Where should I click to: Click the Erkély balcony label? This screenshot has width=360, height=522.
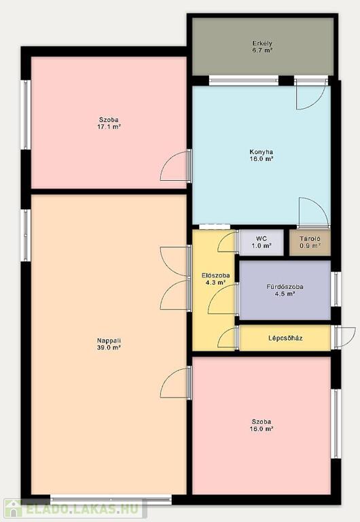pos(262,43)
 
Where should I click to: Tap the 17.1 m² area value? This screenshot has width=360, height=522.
pos(109,127)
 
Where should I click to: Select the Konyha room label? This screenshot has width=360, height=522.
pos(262,152)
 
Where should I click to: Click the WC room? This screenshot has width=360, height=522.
pos(262,243)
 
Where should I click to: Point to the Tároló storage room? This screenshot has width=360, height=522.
pos(310,243)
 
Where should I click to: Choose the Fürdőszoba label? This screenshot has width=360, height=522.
pos(285,287)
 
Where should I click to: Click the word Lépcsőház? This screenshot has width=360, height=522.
pos(285,338)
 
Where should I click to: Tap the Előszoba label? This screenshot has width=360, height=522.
pos(215,276)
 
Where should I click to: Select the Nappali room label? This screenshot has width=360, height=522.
pos(109,341)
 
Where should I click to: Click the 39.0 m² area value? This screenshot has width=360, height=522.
pos(109,347)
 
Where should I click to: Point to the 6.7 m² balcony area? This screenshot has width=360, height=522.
pos(262,50)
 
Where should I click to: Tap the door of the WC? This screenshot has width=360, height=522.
pos(228,242)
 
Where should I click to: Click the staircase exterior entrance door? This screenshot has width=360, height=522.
pos(344,338)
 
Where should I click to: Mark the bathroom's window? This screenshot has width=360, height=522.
pos(336,289)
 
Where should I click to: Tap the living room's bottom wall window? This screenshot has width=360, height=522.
pos(111,500)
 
